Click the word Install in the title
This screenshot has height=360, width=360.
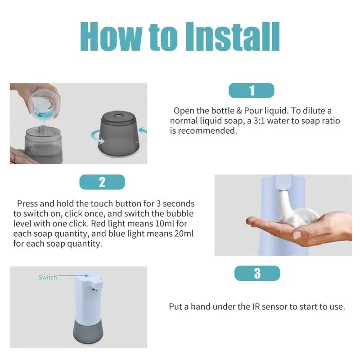click(233, 36)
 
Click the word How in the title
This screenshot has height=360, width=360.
click(111, 36)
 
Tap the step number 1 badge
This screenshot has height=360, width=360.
click(252, 90)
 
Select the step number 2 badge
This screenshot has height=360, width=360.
click(102, 182)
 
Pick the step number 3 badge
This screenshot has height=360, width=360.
click(257, 273)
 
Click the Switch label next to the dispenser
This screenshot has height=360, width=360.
click(48, 277)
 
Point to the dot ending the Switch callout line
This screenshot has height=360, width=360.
click(86, 275)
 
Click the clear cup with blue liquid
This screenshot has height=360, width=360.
click(45, 104)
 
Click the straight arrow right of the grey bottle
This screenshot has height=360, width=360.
click(143, 130)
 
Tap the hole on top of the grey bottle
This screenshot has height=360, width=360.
click(119, 114)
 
